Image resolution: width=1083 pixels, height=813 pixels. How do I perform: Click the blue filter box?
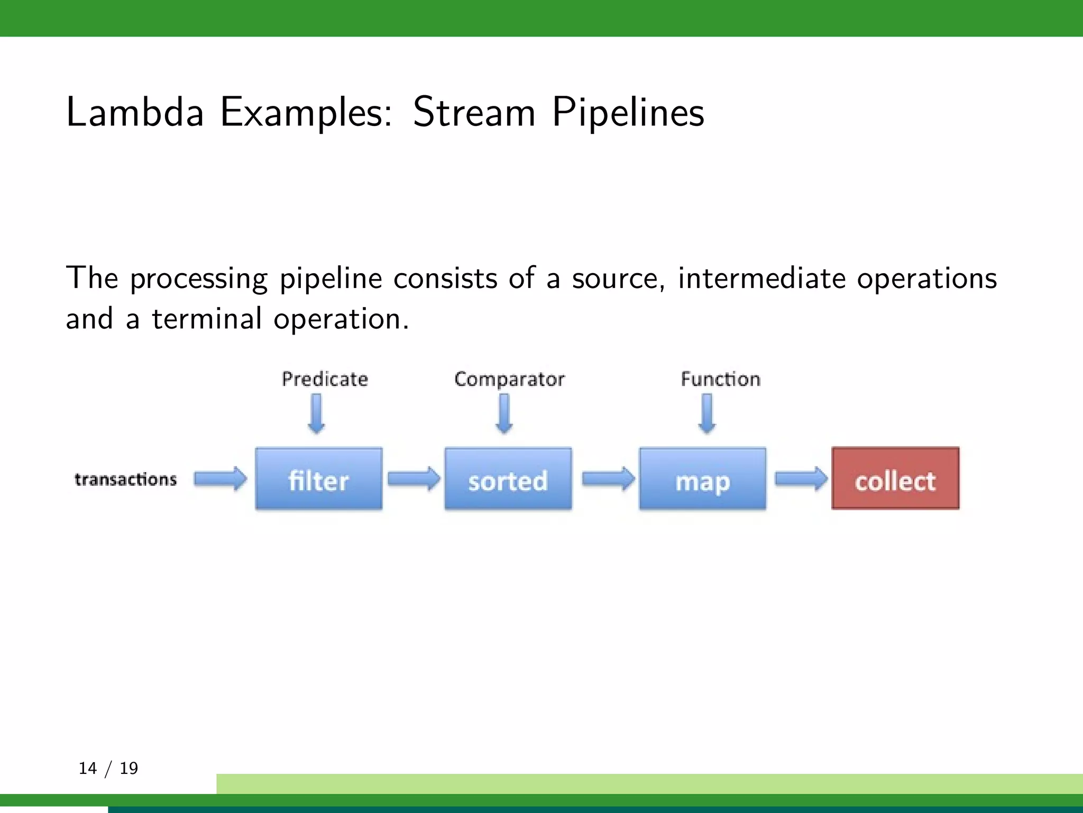coord(318,479)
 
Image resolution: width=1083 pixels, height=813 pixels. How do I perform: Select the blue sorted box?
coord(508,479)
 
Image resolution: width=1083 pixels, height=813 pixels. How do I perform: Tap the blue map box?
coord(702,479)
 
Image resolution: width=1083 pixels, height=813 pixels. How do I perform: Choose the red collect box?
coord(895,478)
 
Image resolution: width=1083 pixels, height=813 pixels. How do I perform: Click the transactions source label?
coord(125,480)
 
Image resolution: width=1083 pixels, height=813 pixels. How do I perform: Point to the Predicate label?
coord(325,379)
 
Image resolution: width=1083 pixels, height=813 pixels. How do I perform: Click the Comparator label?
coord(509,380)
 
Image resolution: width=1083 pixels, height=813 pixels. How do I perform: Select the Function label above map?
coord(720,379)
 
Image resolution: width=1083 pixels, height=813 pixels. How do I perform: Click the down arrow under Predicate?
coord(316,414)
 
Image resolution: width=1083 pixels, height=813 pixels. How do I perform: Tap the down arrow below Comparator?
coord(504,414)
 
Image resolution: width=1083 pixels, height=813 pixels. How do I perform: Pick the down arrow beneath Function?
coord(707,414)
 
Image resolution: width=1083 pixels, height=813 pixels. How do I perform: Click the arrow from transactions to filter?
coord(220,479)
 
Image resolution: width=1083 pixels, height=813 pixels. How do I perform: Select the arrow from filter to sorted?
coord(414,479)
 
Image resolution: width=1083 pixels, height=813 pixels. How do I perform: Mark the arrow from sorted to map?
coord(608,479)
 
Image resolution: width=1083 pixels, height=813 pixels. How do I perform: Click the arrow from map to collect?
coord(801,479)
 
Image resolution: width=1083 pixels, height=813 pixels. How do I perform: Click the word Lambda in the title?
coord(135,112)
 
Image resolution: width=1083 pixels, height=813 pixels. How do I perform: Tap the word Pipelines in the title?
coord(628,113)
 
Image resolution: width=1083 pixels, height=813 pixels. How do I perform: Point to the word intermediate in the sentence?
coord(761,278)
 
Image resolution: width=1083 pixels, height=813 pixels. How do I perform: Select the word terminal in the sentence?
coord(206,319)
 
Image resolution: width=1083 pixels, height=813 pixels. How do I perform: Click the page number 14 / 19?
coord(108,768)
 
